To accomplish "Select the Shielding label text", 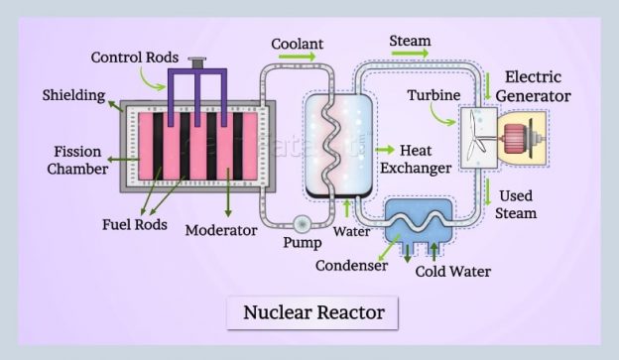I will coord(74,95).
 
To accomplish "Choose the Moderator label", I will coord(221,230).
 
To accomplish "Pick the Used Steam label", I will coord(518,204).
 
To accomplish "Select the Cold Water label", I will coord(452,271).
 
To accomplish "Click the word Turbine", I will coord(433,96).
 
